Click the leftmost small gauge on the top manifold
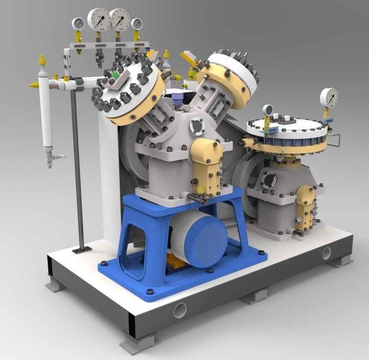point(78,23)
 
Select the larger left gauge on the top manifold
point(99,19)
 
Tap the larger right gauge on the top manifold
point(120,19)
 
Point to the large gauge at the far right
point(328,97)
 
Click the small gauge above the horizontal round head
point(267,110)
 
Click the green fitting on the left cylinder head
point(115,75)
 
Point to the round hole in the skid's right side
point(327,253)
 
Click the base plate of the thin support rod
point(80,250)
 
